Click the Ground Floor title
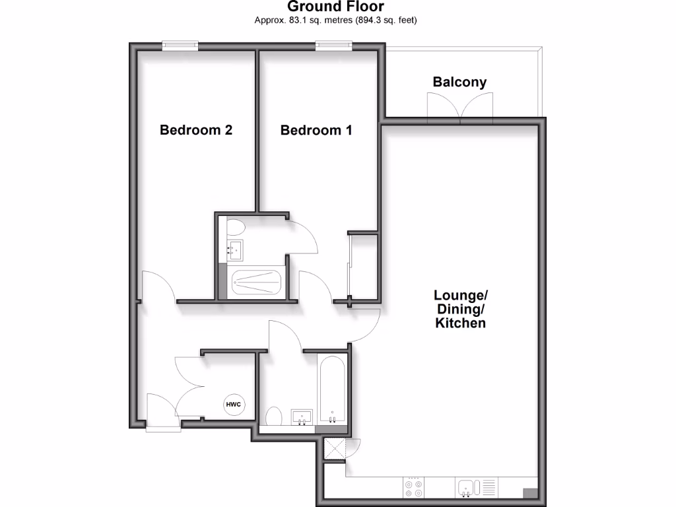[x=336, y=7]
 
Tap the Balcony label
[x=459, y=83]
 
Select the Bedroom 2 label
[x=196, y=130]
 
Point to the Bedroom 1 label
[x=316, y=130]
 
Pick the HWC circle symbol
[x=234, y=405]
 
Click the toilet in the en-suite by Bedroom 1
[x=236, y=228]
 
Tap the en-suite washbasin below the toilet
[x=236, y=250]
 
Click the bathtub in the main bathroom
[x=331, y=390]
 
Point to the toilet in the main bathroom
[x=274, y=417]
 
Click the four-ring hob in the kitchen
[x=414, y=487]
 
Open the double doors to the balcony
[x=461, y=106]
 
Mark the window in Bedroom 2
[x=180, y=45]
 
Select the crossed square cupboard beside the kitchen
[x=334, y=449]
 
